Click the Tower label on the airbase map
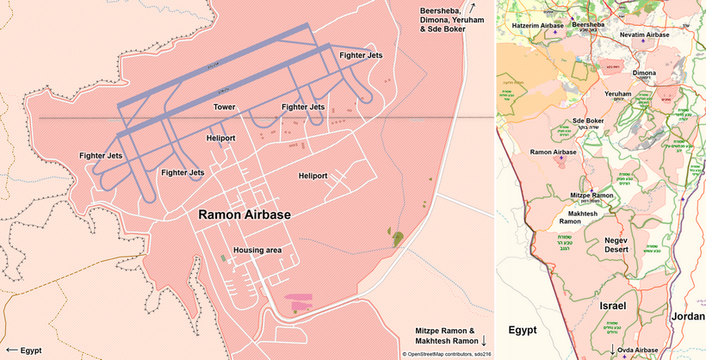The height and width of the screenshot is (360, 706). tap(224, 107)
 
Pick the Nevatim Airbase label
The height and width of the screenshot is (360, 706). tap(644, 34)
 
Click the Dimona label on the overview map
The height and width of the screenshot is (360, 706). tap(644, 73)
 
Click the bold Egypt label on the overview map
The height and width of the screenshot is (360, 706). tap(523, 330)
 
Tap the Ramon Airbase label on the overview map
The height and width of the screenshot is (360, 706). tap(553, 152)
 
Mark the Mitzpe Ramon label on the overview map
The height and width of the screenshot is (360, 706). tap(592, 196)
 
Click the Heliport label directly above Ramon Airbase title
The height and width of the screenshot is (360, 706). tap(221, 138)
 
